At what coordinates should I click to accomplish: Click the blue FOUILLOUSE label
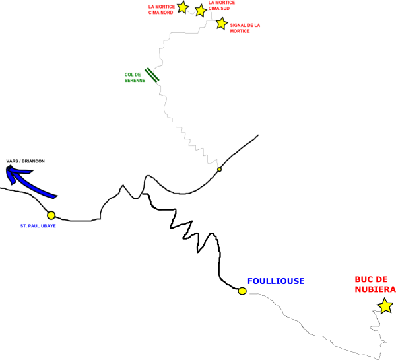pos(276,281)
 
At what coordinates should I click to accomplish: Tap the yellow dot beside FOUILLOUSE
pos(242,291)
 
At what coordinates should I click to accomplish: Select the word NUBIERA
pos(375,289)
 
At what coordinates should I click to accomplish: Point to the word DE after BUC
pos(381,279)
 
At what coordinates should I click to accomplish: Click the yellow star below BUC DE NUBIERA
pos(385,306)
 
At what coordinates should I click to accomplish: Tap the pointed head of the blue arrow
pos(9,171)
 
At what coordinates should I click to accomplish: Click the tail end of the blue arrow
pos(53,196)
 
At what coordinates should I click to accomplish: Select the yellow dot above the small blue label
pos(51,215)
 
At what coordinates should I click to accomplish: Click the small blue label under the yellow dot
pos(38,226)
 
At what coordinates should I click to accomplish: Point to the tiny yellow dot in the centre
pos(220,170)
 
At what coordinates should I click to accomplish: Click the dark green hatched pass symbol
pos(152,75)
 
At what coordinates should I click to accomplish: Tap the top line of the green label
pos(133,75)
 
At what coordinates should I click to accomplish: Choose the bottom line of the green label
pos(135,81)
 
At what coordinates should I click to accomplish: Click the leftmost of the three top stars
pos(183,7)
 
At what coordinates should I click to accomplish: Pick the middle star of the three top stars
pos(201,11)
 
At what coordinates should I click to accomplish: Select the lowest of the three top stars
pos(222,23)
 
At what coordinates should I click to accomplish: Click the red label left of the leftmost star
pos(161,9)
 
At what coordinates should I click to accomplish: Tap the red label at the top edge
pos(222,5)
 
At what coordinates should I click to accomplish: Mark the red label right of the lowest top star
pos(244,28)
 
